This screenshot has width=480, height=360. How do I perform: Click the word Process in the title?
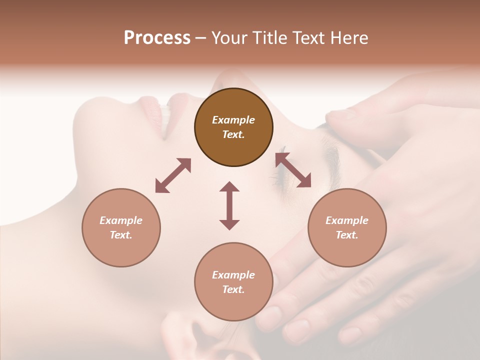157,38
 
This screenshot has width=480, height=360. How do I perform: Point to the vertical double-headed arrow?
229,205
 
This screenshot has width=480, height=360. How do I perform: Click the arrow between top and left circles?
173,175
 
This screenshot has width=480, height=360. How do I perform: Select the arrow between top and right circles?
293,170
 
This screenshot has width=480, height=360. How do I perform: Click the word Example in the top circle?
233,120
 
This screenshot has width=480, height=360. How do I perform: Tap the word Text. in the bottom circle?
233,289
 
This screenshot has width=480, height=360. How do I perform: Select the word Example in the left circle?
121,220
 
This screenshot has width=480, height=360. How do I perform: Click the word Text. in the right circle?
347,235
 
